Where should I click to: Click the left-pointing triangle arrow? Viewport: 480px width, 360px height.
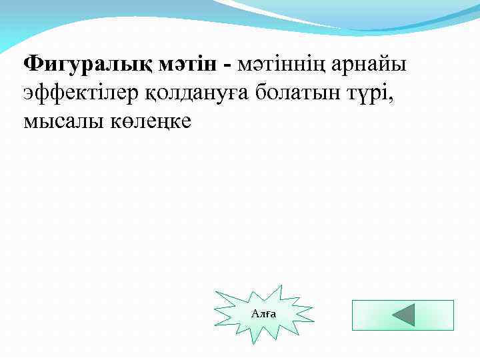click(403, 315)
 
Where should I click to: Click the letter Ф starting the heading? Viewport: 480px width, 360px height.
click(33, 65)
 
